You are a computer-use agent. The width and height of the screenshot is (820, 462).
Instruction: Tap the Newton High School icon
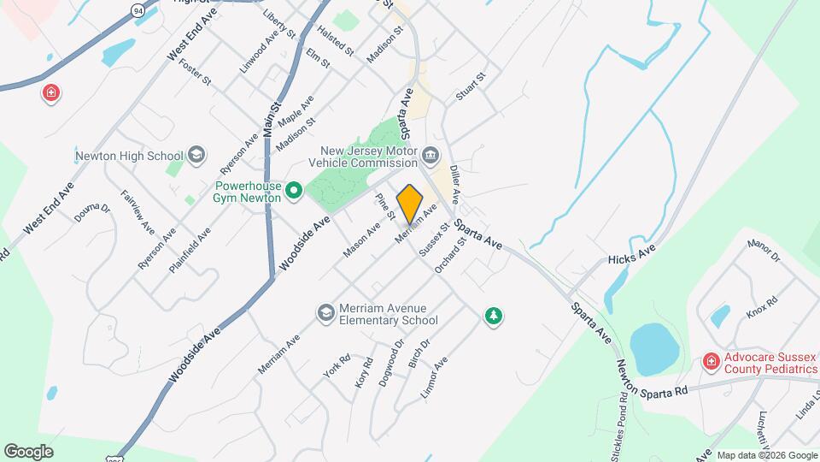point(197,155)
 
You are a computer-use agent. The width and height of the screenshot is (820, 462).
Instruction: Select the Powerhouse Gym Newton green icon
point(294,190)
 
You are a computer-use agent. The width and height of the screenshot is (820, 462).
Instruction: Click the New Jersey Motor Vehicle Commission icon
point(430,156)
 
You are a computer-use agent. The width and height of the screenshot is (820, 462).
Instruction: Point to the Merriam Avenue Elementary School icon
point(325,313)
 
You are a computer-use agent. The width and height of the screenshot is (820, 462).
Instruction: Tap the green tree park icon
point(492,317)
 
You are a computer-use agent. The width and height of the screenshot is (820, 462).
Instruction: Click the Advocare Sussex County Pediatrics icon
point(709,362)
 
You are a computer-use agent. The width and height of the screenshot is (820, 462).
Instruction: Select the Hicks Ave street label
point(631,253)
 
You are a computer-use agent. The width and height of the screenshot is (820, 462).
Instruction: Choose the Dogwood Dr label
point(391,363)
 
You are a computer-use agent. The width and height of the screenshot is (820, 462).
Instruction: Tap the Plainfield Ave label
point(190,250)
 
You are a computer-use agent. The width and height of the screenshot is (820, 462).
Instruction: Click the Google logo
point(28,451)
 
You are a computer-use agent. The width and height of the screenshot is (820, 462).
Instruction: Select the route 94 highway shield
point(138,9)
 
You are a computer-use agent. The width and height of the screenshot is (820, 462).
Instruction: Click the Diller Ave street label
point(456,184)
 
